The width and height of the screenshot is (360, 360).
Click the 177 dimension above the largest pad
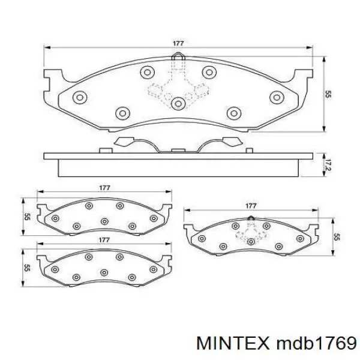pyautogui.click(x=178, y=43)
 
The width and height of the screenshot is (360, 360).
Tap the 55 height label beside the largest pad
pyautogui.click(x=328, y=94)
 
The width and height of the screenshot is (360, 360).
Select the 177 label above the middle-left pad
pyautogui.click(x=104, y=188)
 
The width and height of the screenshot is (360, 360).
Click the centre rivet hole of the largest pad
pyautogui.click(x=178, y=104)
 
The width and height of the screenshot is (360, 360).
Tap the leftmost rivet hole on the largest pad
pyautogui.click(x=78, y=97)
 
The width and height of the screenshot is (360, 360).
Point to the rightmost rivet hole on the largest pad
pyautogui.click(x=276, y=97)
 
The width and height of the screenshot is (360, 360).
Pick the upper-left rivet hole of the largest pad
pyautogui.click(x=146, y=73)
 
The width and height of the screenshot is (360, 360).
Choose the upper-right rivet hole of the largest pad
pyautogui.click(x=208, y=73)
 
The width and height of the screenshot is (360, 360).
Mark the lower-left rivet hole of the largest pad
pyautogui.click(x=122, y=112)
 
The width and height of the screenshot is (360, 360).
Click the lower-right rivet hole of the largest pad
pyautogui.click(x=233, y=112)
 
